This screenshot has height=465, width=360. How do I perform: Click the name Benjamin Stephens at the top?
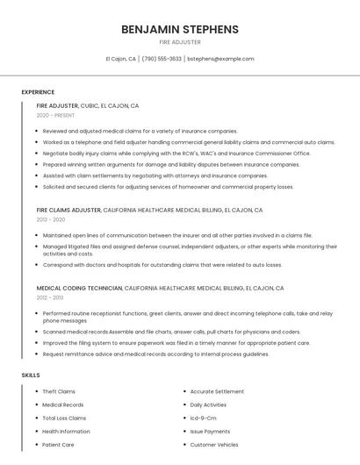click(180, 29)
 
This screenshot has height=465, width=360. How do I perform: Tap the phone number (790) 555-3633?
click(161, 59)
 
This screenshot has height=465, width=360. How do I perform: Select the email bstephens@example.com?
click(220, 59)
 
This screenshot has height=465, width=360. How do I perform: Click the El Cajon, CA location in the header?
click(121, 59)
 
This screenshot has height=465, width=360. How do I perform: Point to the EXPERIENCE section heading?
click(38, 92)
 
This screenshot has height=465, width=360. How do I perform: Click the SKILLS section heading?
click(31, 375)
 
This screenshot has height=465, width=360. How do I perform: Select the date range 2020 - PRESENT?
click(55, 115)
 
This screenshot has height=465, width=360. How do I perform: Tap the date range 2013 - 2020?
click(51, 219)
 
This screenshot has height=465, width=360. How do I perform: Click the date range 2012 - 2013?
click(51, 297)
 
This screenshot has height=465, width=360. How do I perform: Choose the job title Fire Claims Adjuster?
click(68, 211)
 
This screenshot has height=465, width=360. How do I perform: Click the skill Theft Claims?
click(59, 391)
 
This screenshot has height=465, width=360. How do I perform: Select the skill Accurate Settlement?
click(217, 391)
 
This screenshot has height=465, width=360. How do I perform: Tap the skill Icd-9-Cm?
click(203, 418)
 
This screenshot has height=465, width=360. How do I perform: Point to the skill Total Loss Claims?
click(64, 418)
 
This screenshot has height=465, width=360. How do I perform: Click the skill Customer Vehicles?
click(214, 445)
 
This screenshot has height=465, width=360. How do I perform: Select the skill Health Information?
click(66, 432)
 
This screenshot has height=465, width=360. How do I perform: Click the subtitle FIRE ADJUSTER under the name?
click(180, 42)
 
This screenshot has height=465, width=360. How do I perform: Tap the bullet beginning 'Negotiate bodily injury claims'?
click(176, 153)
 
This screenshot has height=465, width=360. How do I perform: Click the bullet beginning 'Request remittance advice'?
click(155, 354)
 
